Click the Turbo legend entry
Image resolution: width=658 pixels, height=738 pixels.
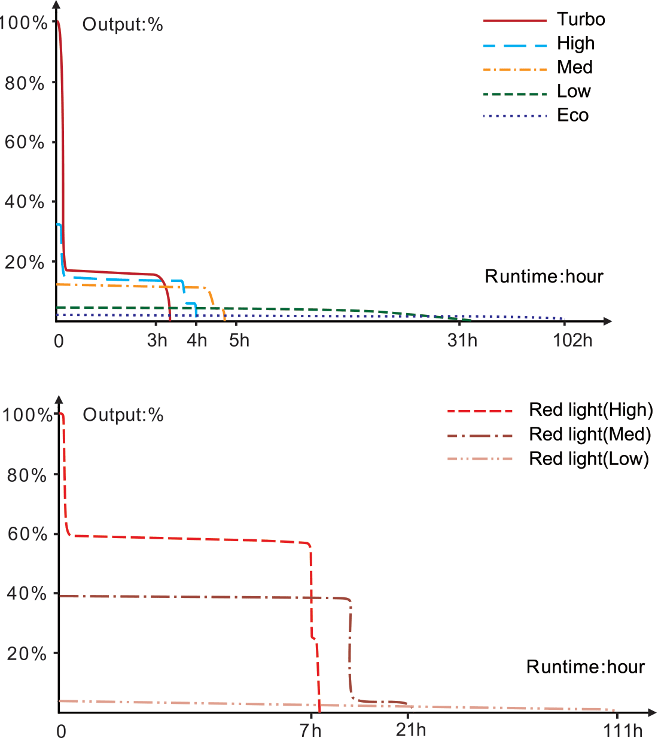[x=580, y=20]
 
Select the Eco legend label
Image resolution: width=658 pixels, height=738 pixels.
[x=572, y=115]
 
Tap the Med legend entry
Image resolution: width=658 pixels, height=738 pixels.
[x=574, y=67]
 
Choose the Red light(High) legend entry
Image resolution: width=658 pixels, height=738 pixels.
[x=590, y=410]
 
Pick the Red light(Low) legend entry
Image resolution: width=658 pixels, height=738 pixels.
[x=589, y=459]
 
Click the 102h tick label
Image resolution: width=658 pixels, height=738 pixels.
[x=572, y=341]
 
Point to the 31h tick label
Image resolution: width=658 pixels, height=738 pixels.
[x=462, y=341]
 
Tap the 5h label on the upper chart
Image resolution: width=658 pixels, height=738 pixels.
[x=239, y=341]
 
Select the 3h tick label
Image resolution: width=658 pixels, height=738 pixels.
[x=157, y=341]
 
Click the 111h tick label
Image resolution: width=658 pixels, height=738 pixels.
[x=623, y=730]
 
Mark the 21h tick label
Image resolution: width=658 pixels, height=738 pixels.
[x=411, y=730]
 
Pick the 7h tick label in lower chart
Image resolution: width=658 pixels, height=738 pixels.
[x=310, y=730]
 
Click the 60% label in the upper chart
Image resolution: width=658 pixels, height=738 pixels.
[x=25, y=142]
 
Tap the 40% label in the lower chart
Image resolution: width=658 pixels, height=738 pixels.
[x=26, y=594]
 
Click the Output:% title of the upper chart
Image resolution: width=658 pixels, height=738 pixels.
[x=123, y=25]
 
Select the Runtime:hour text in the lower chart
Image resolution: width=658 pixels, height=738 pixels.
[x=585, y=667]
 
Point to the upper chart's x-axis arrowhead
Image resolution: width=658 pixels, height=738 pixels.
[x=608, y=321]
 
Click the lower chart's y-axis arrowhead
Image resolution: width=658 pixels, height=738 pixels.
[x=59, y=399]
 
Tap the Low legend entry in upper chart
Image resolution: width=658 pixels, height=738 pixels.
[x=573, y=91]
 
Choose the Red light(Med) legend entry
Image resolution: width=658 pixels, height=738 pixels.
[x=589, y=435]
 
